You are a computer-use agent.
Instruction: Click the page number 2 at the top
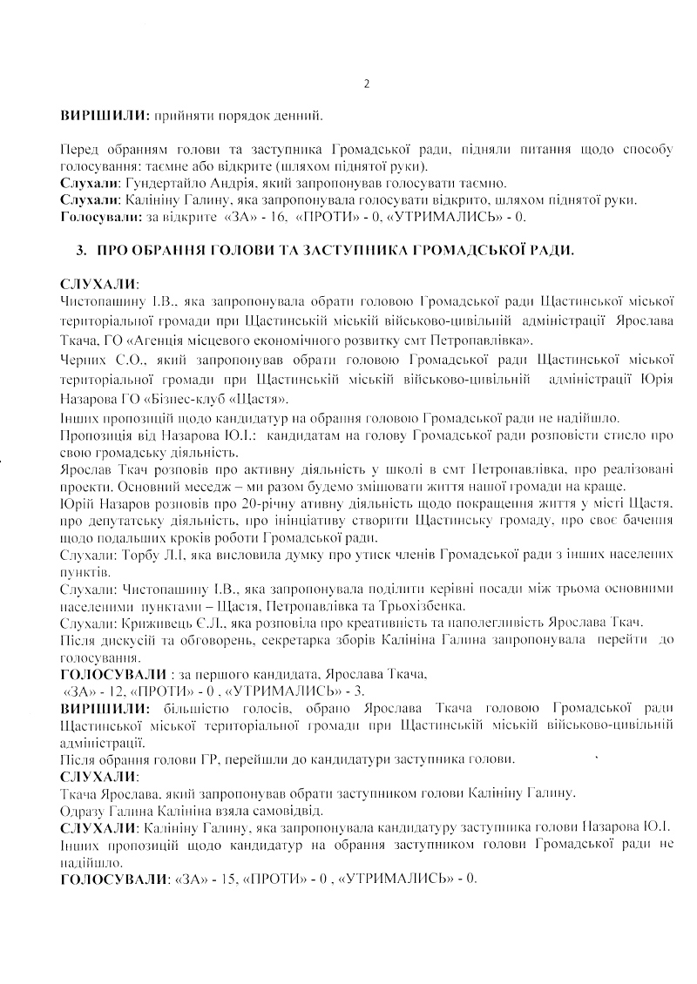pos(366,84)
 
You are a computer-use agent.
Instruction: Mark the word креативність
pos(369,623)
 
